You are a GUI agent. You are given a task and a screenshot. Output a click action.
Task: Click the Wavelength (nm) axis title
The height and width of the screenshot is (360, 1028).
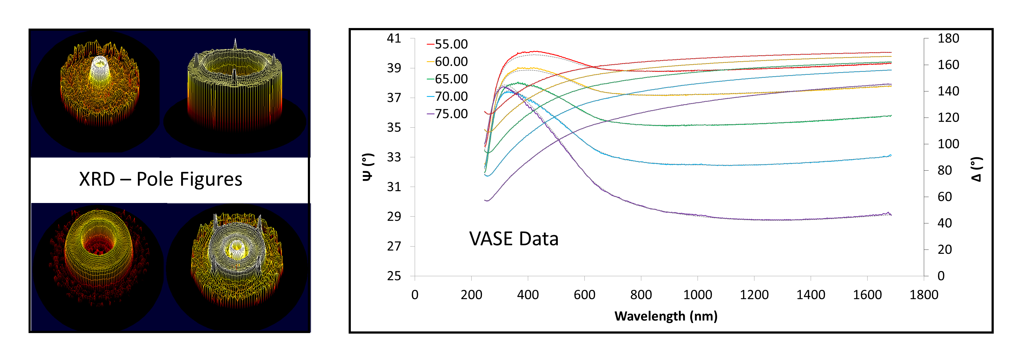666,316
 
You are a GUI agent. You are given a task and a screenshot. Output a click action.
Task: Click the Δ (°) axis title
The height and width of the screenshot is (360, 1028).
977,169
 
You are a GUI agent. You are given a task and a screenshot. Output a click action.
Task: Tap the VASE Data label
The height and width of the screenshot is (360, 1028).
514,239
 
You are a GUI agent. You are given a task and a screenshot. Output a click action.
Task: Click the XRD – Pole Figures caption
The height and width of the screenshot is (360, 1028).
160,179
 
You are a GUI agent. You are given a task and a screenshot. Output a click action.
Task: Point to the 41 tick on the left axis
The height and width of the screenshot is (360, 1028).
394,38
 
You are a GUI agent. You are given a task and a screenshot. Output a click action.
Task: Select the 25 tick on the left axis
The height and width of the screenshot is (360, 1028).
394,276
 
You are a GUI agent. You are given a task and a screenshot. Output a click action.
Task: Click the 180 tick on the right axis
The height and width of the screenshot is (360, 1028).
948,38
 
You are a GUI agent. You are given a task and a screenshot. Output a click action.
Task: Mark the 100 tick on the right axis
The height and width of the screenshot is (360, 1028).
948,144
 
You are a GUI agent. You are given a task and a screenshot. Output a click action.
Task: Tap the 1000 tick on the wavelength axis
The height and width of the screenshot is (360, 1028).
698,295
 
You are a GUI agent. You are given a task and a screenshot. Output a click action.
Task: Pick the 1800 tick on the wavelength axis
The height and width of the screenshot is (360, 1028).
924,295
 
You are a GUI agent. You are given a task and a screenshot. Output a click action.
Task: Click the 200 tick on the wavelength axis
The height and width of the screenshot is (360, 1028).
471,295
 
